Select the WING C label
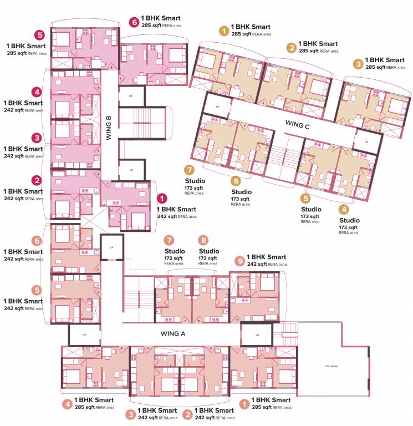(x=298, y=125)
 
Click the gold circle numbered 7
(x=189, y=169)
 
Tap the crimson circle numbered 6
(x=134, y=23)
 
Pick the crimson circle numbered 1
(x=161, y=197)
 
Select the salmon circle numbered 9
(x=239, y=261)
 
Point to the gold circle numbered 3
(x=359, y=64)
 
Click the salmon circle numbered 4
(x=67, y=404)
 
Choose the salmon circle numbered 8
(x=204, y=240)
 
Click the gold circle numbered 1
(x=223, y=31)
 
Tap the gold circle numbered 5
(x=305, y=197)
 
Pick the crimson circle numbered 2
(x=37, y=180)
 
